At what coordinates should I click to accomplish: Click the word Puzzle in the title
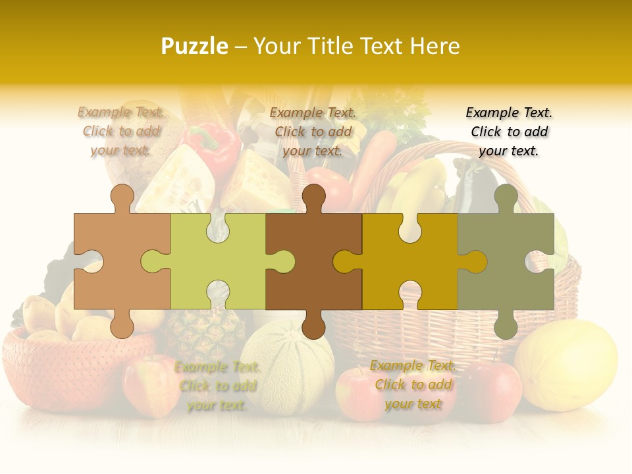(x=195, y=46)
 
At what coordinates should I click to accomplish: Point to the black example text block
(x=509, y=132)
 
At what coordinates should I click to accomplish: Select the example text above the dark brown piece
(x=313, y=132)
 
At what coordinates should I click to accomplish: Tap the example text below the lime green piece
(x=217, y=386)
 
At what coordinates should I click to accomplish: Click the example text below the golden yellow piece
(x=413, y=384)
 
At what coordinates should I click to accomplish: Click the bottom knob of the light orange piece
(x=122, y=325)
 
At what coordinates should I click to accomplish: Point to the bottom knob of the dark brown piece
(x=313, y=325)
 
